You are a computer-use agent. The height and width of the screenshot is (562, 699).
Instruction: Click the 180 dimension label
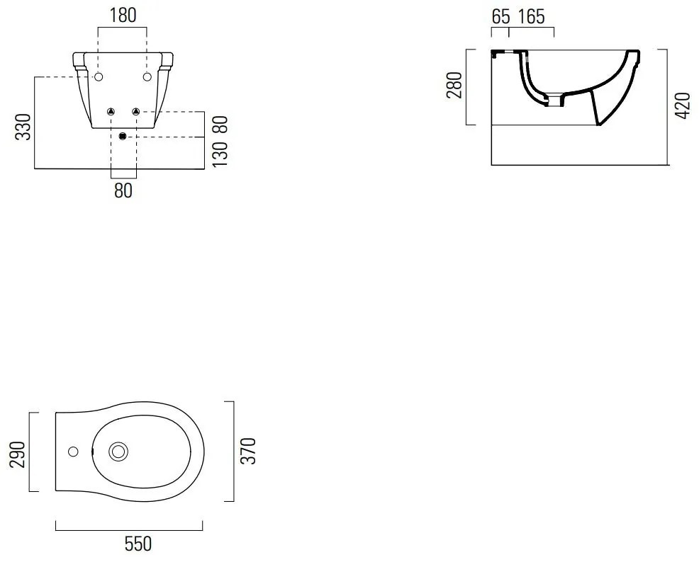coord(123,16)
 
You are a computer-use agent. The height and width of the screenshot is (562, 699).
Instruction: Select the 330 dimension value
coord(23,127)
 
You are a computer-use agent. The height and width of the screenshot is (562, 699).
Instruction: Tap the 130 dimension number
coord(220,154)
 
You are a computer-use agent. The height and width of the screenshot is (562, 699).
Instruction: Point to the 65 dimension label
coord(501,17)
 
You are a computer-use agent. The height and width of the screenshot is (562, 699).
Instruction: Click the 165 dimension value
coord(532,17)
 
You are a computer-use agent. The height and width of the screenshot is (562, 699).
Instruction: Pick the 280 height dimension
coord(454,86)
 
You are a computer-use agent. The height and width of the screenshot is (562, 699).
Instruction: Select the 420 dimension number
coord(683,105)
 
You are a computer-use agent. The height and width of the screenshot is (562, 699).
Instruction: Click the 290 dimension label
coord(18,454)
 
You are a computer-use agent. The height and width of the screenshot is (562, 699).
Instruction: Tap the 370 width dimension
coord(248,451)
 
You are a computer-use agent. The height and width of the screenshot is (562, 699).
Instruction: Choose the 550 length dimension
coord(138,544)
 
